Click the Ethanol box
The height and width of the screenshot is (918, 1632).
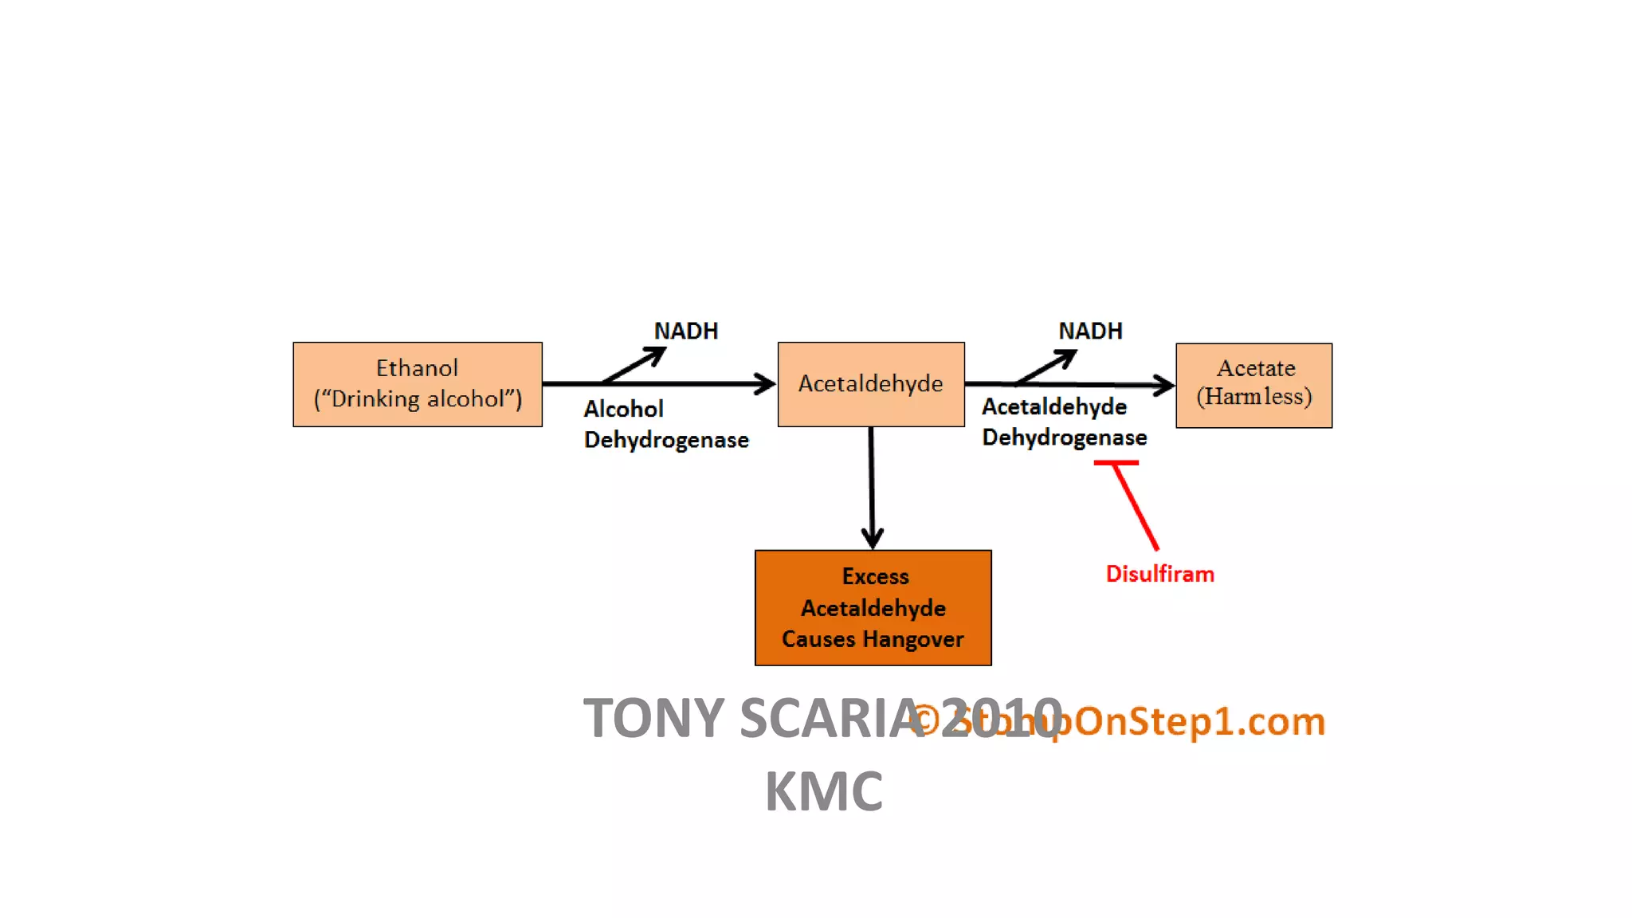[x=417, y=385]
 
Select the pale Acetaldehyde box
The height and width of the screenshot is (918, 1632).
[x=870, y=385]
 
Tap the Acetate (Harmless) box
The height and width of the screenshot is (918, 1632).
[x=1253, y=386]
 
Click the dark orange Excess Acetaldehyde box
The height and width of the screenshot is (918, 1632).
[x=873, y=608]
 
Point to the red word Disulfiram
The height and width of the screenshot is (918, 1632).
[x=1159, y=574]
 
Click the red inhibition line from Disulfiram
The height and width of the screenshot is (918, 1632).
[x=1136, y=507]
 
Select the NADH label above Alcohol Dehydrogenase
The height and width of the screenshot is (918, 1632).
[x=685, y=331]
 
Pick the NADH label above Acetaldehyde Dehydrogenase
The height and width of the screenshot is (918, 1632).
[x=1089, y=331]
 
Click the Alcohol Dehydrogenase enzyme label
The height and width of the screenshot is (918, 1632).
[x=665, y=424]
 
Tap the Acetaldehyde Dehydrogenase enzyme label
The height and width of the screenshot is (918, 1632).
[x=1063, y=422]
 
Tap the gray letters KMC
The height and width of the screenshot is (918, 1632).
[x=823, y=791]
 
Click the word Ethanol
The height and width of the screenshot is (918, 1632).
[x=417, y=368]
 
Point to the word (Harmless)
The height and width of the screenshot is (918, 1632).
[x=1253, y=397]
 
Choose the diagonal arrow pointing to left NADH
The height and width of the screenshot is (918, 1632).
[x=635, y=365]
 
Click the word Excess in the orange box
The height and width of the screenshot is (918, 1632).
[x=875, y=576]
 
